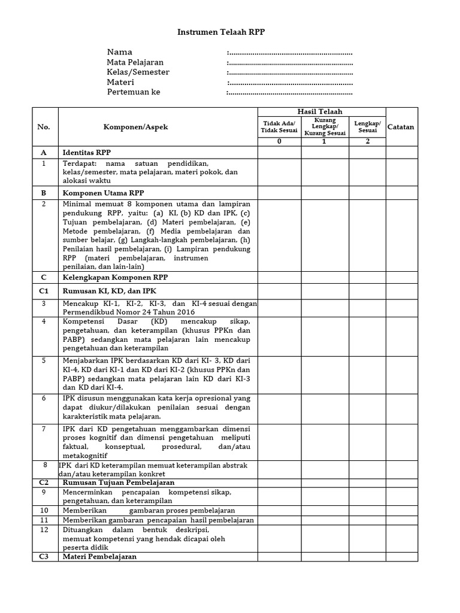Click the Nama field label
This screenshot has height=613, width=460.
120,52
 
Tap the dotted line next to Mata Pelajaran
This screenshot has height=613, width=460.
290,63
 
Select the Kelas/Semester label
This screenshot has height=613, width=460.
138,72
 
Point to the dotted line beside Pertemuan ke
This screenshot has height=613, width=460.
290,93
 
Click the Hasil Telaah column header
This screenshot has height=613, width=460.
321,112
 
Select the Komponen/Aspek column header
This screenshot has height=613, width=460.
136,127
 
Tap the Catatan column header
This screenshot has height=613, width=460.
401,127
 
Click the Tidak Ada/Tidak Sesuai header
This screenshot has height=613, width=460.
279,127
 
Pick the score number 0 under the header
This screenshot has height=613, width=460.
279,141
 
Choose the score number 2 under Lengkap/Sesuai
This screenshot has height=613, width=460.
367,141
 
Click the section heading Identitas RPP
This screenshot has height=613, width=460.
87,153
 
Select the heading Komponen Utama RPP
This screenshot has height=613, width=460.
103,193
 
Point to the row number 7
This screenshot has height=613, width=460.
44,429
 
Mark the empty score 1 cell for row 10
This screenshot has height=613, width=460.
325,510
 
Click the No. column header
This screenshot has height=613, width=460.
44,127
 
